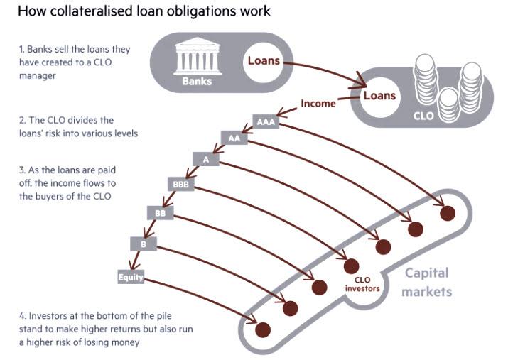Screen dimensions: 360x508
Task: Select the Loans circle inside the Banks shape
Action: pyautogui.click(x=264, y=62)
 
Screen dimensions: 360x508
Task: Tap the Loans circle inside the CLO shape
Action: pyautogui.click(x=379, y=96)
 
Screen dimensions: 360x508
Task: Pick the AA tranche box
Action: pyautogui.click(x=234, y=139)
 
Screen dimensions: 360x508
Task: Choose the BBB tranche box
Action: pyautogui.click(x=179, y=185)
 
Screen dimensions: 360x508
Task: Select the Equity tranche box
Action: pyautogui.click(x=131, y=278)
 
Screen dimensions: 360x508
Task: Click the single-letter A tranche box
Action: pyautogui.click(x=205, y=160)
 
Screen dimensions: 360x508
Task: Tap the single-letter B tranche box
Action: pyautogui.click(x=143, y=243)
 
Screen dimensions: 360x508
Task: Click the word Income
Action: pyautogui.click(x=318, y=104)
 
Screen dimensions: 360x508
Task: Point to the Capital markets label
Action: pyautogui.click(x=428, y=282)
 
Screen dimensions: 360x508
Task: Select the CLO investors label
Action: pyautogui.click(x=362, y=285)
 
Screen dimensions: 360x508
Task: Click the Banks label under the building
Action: pyautogui.click(x=197, y=80)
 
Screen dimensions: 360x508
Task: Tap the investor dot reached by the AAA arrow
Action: pyautogui.click(x=447, y=212)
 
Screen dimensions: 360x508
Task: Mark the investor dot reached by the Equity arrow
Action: pyautogui.click(x=263, y=329)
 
